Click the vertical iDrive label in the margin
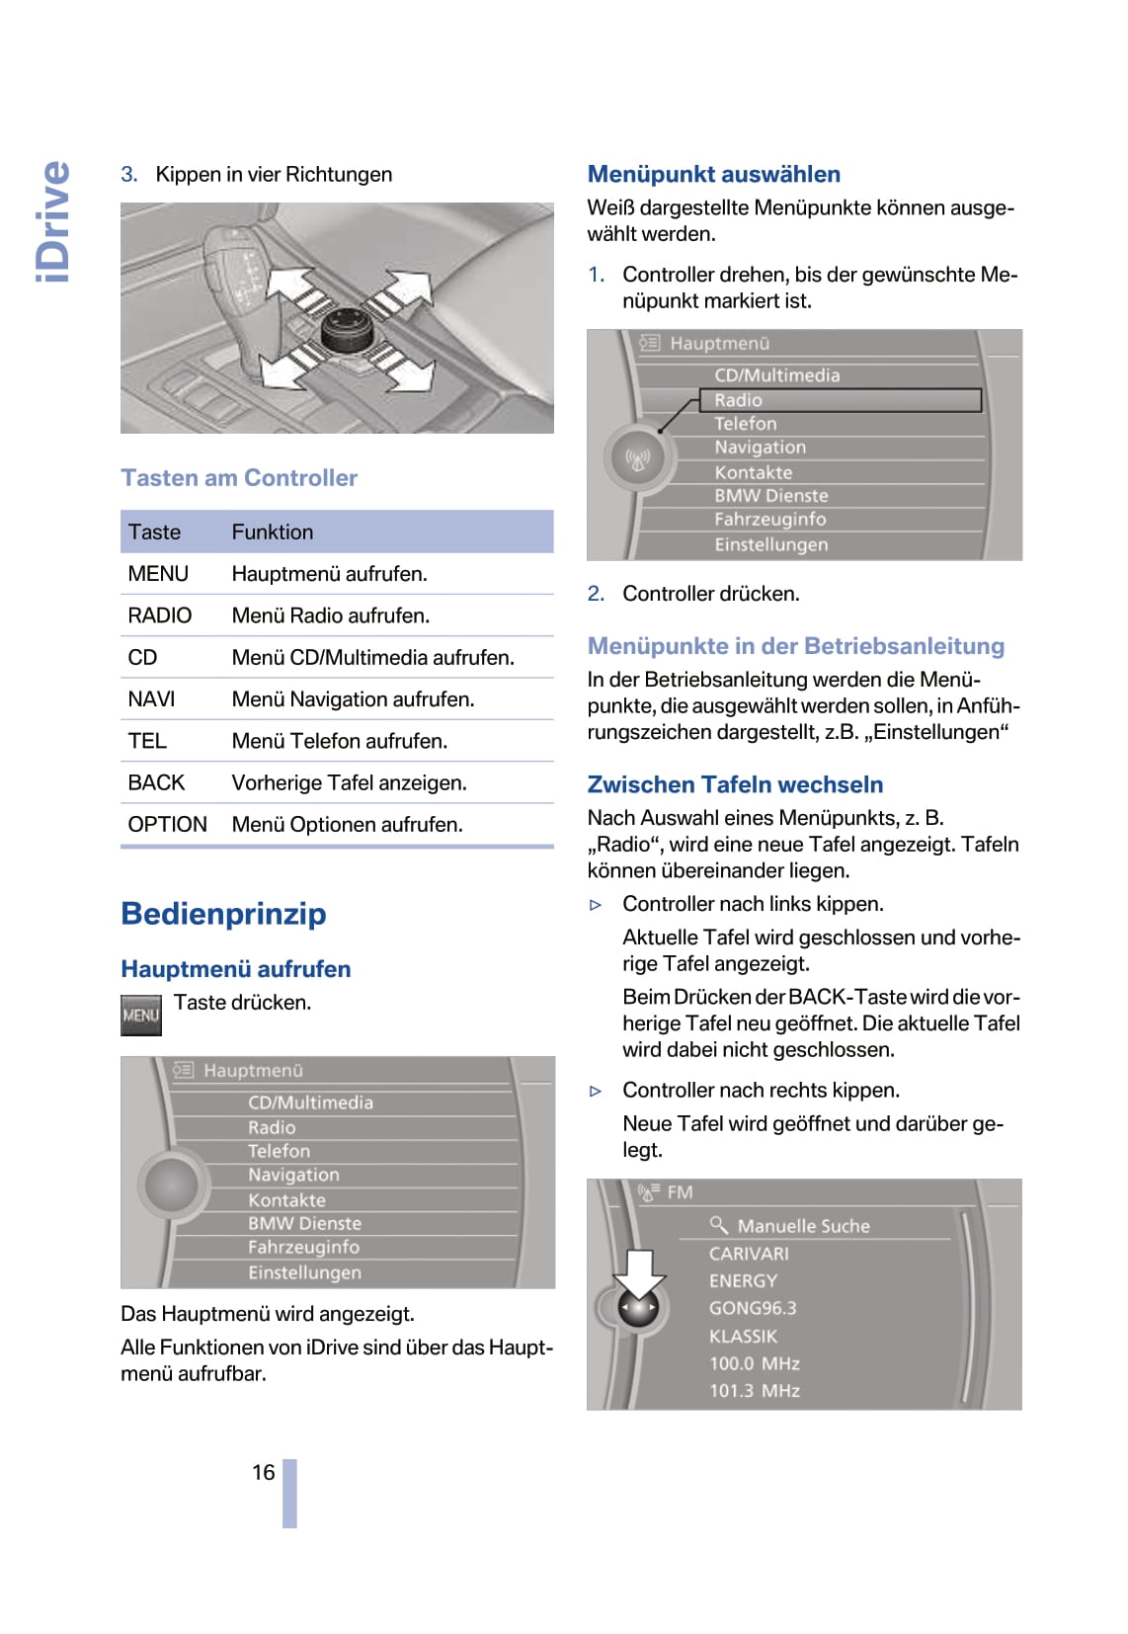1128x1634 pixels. pos(53,221)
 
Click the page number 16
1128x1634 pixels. pos(263,1472)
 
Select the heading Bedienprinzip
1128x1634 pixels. pos(223,914)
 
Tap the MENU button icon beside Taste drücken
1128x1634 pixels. pos(140,1015)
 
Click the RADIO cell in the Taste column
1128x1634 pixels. pos(159,615)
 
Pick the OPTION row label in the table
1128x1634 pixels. pos(167,824)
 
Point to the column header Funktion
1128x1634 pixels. pos(273,531)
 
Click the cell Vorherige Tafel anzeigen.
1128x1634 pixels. pos(349,782)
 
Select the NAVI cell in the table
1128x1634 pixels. pos(151,699)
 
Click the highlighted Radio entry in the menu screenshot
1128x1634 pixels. pos(840,400)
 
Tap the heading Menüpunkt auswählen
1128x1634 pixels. pos(713,174)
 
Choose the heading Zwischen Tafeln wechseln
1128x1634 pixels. pos(735,784)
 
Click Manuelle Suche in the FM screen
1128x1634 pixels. pos(802,1226)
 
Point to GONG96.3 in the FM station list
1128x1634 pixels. pos(753,1308)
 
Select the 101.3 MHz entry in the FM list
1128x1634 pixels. pos(755,1390)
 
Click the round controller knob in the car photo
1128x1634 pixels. pos(348,327)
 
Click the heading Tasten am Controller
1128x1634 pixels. pos(239,478)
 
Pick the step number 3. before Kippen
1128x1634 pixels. pos(129,175)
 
